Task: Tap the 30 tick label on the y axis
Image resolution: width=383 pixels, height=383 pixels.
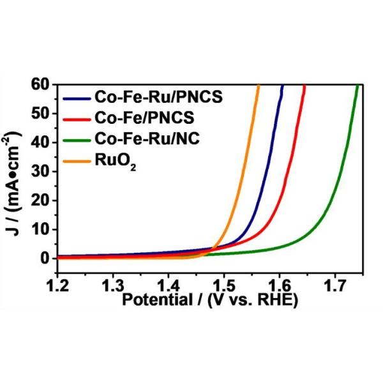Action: (x=40, y=171)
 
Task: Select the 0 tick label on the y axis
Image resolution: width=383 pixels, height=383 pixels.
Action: (x=45, y=258)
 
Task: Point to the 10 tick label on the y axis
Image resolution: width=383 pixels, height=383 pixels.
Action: (x=40, y=229)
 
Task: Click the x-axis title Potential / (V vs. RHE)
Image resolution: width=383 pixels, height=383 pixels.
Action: (x=210, y=300)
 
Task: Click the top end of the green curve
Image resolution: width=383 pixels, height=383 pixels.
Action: (x=357, y=86)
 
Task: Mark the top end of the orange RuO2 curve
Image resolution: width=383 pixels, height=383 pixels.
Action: (x=258, y=86)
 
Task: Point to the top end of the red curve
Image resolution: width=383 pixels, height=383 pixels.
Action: (x=304, y=86)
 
